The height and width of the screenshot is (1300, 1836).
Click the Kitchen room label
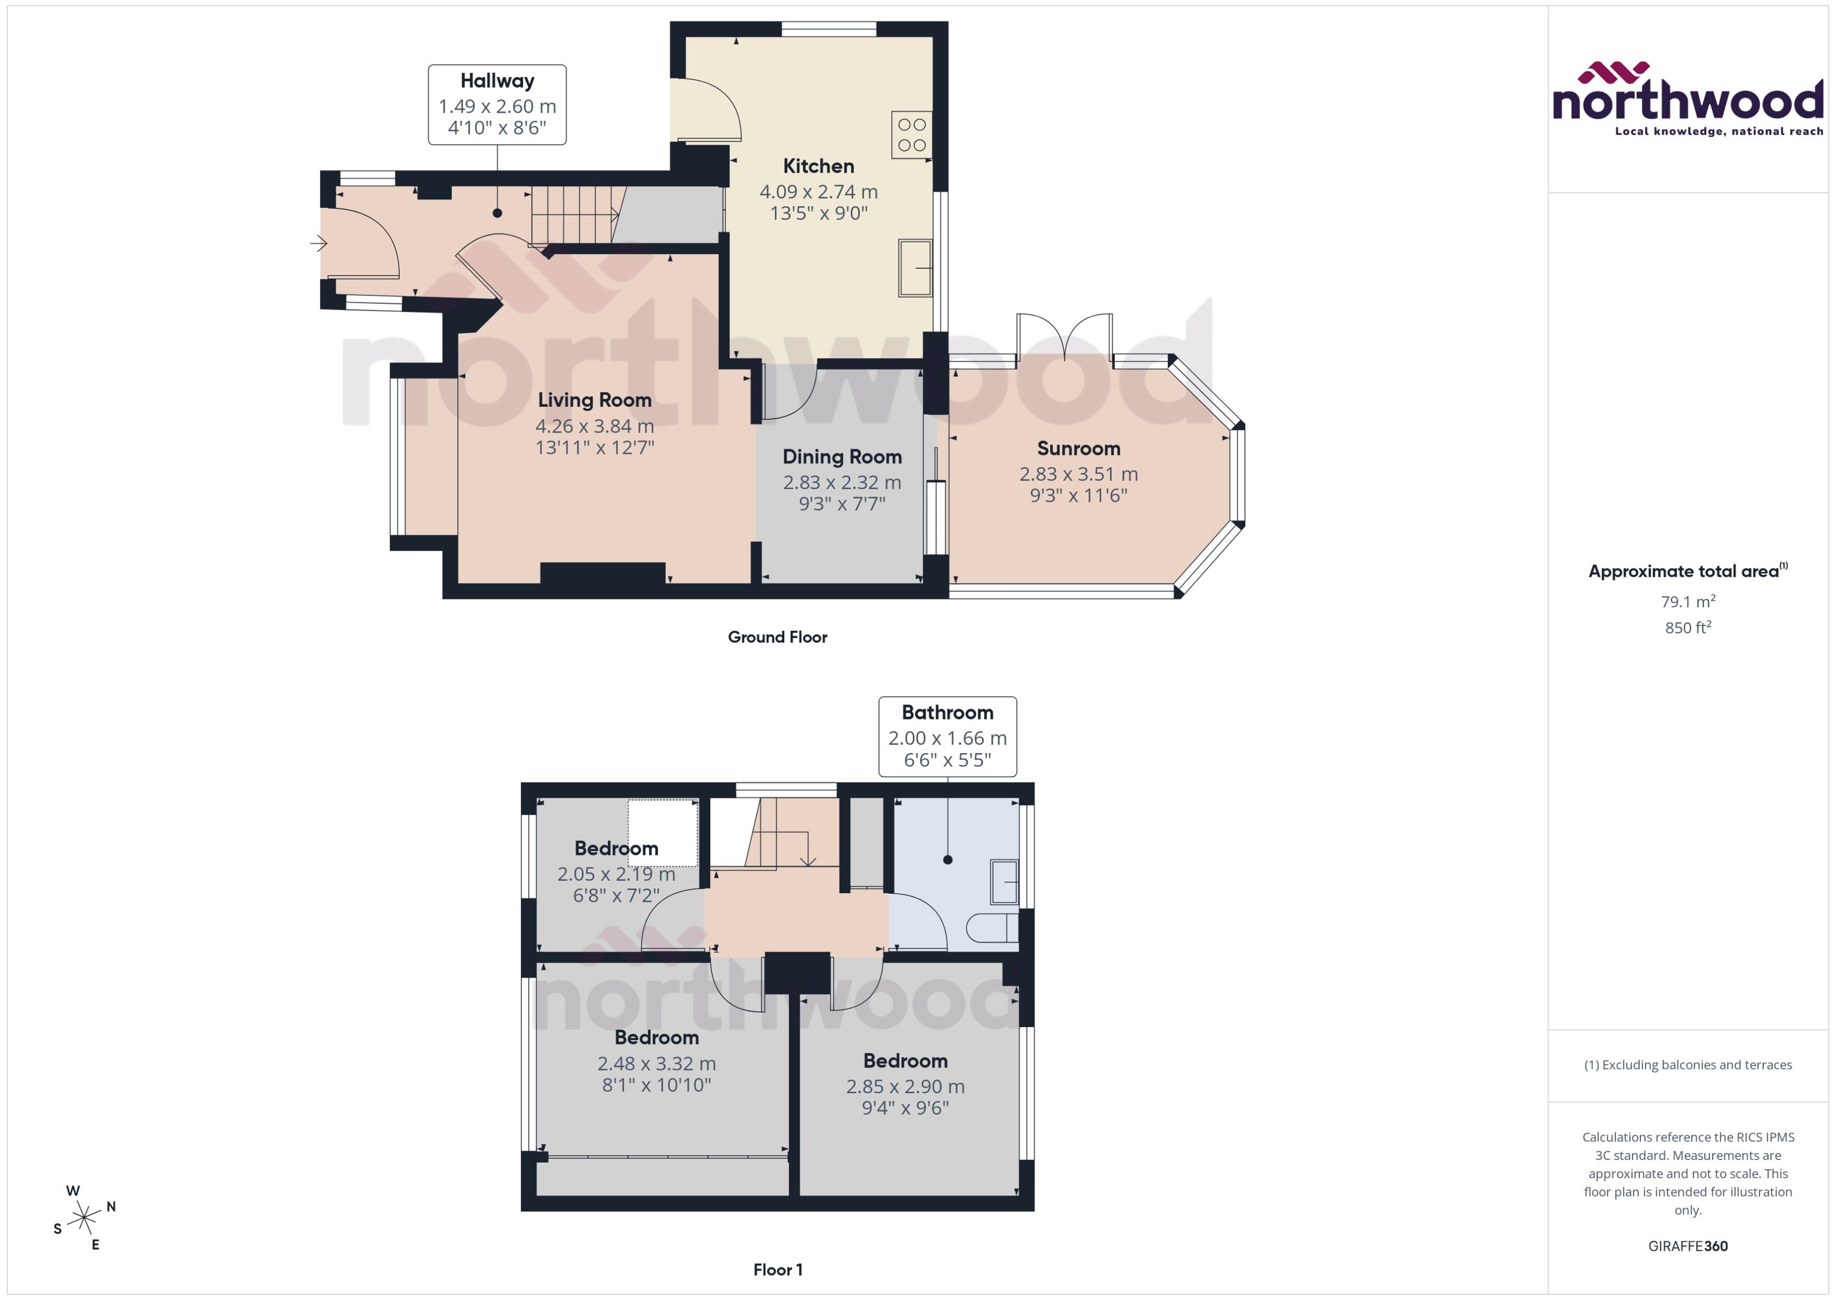tap(818, 166)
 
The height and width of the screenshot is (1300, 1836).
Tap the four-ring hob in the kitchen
tap(911, 134)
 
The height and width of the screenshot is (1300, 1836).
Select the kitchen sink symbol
tap(914, 267)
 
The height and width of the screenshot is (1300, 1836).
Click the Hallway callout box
tap(497, 105)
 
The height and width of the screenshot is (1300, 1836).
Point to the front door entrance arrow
tap(318, 242)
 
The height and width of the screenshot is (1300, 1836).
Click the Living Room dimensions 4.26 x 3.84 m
tap(594, 426)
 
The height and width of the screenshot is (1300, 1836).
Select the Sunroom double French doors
tap(1064, 338)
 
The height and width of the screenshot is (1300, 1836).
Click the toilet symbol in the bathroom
tap(991, 928)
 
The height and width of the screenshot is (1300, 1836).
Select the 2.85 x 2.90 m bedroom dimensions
tap(905, 1086)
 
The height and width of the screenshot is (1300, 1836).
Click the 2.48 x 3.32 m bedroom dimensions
tap(656, 1063)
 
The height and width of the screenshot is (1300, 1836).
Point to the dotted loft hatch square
tap(663, 832)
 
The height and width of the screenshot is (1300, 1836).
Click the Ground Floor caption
tap(777, 637)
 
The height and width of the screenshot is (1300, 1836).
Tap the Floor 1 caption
tap(777, 1270)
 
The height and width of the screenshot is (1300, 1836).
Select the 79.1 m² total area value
tap(1687, 601)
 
